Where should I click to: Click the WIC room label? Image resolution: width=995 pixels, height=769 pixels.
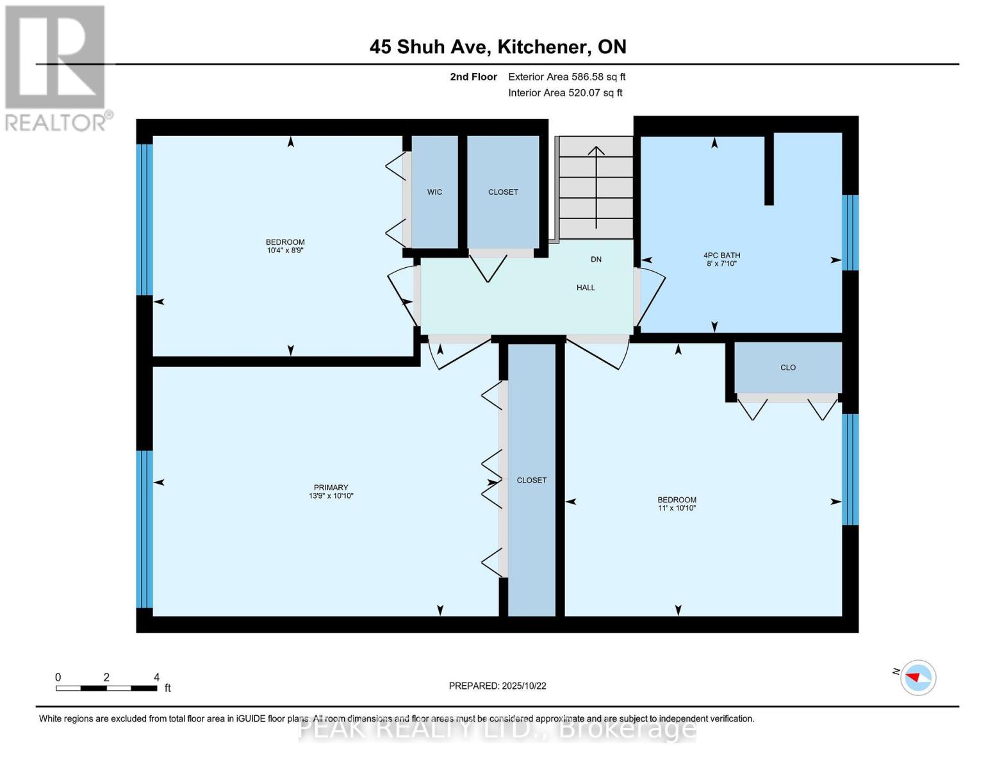(x=434, y=192)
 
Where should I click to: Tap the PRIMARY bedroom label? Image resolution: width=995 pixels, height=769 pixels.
(x=331, y=488)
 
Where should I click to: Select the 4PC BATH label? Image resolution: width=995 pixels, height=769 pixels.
(x=721, y=255)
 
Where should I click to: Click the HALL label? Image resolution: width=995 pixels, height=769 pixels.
(x=586, y=288)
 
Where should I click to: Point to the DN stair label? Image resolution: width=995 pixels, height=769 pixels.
(x=596, y=260)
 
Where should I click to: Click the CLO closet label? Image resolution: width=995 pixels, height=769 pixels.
(x=787, y=368)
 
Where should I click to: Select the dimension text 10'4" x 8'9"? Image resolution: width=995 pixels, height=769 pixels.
(x=285, y=251)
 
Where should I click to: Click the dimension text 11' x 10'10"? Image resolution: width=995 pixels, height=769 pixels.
(x=677, y=508)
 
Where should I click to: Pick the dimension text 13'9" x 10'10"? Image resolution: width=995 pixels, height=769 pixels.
(x=331, y=496)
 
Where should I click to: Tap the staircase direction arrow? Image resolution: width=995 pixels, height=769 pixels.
(x=596, y=186)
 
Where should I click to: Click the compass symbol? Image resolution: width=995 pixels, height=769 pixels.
(x=917, y=677)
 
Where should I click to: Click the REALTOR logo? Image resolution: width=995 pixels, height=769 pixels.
(x=56, y=67)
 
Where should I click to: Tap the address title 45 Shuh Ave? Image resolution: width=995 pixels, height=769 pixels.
(x=498, y=47)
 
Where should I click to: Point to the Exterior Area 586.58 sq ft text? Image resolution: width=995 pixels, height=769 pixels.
(x=566, y=77)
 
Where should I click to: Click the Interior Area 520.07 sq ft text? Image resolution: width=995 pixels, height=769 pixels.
(x=565, y=93)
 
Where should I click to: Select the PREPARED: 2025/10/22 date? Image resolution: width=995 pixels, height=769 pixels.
(x=497, y=686)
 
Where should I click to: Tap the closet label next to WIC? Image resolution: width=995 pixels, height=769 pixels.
(x=503, y=192)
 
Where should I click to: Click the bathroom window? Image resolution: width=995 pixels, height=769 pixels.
(x=850, y=233)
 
